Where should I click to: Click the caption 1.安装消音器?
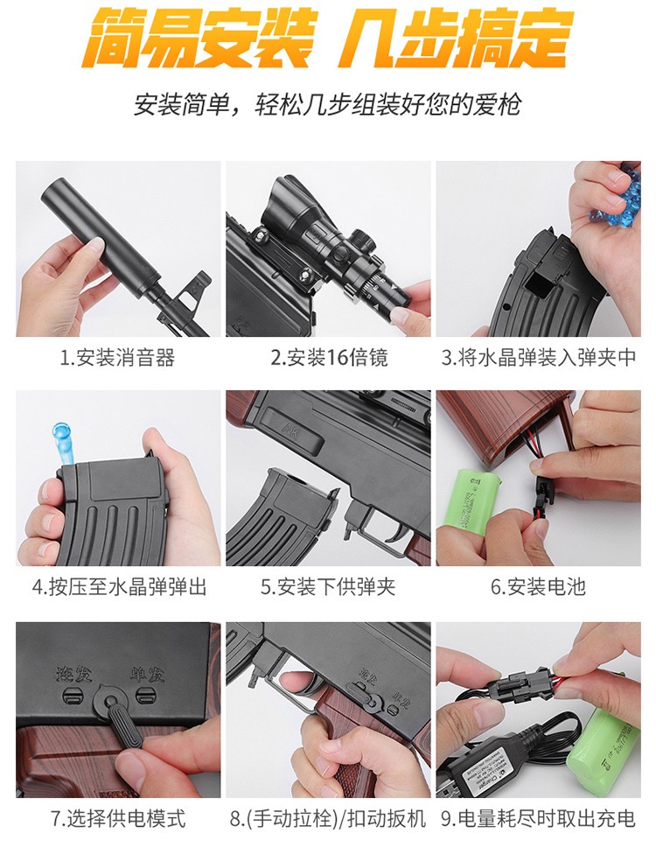(117, 358)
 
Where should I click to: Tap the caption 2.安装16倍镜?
(329, 358)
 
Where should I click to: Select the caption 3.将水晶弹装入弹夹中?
(539, 358)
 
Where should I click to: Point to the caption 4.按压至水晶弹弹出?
(119, 587)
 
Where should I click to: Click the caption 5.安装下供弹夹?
(328, 587)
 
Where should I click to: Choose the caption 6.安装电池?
(538, 587)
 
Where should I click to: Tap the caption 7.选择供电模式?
(118, 819)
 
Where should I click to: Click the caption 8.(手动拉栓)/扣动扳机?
(328, 819)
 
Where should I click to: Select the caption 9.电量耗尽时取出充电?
(538, 819)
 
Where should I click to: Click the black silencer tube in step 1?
(102, 234)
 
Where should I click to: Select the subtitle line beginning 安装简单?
(328, 105)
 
